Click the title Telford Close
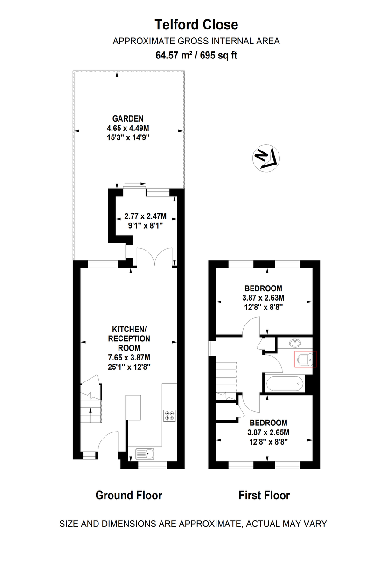click(196, 24)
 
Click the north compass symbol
click(265, 158)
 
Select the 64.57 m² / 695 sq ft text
click(196, 55)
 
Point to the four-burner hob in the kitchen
click(169, 416)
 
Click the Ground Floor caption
click(129, 495)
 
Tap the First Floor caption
click(264, 495)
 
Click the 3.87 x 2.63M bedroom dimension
click(263, 297)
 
